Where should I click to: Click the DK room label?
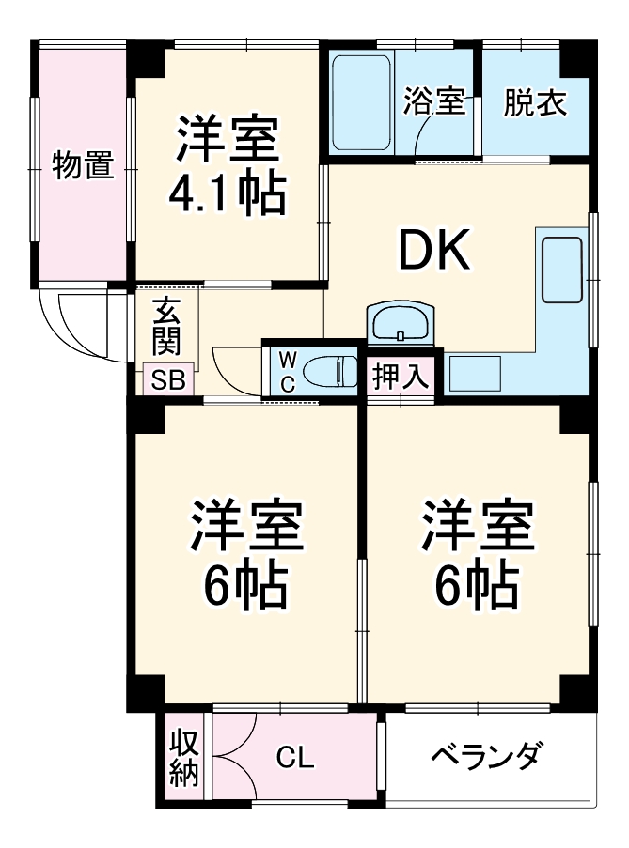click(433, 250)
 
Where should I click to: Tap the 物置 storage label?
click(83, 165)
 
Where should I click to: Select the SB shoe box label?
click(169, 380)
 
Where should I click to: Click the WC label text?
click(288, 372)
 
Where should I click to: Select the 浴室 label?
click(434, 102)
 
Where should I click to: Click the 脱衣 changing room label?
click(535, 102)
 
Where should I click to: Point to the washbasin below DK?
click(401, 325)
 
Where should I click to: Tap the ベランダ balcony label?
click(486, 755)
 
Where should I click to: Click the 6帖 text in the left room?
click(246, 586)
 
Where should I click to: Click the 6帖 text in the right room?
click(477, 586)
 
